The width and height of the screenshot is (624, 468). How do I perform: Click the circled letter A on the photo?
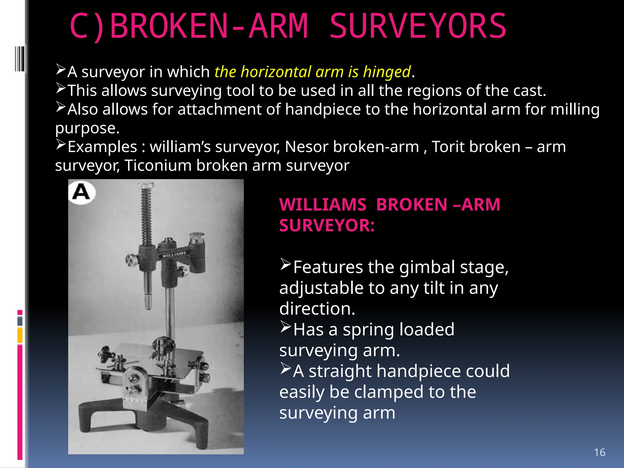click(x=81, y=193)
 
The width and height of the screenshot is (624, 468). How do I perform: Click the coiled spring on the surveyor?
click(x=146, y=213)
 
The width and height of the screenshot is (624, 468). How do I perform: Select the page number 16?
click(x=599, y=452)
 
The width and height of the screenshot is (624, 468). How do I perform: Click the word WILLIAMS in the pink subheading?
click(x=323, y=204)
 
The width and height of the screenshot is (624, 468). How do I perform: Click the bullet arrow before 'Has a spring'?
click(x=285, y=327)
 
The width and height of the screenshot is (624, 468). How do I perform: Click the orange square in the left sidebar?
click(x=20, y=335)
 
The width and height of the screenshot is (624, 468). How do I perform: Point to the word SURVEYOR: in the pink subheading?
click(x=327, y=226)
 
